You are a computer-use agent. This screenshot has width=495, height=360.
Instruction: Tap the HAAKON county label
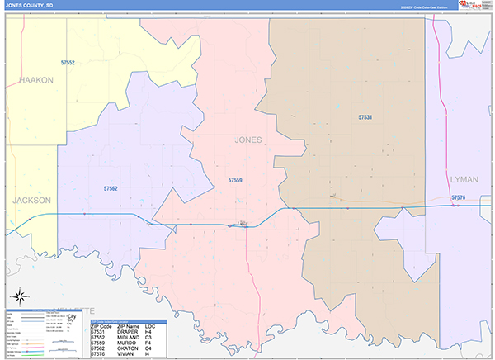click(35, 80)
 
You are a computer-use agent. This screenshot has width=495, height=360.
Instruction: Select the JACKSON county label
click(31, 201)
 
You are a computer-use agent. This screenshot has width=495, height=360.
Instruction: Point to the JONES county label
click(248, 140)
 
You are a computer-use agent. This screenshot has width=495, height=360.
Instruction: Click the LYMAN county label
click(464, 179)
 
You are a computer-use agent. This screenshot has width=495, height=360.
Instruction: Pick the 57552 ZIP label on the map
click(68, 63)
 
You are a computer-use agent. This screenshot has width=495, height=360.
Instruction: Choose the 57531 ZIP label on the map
click(365, 118)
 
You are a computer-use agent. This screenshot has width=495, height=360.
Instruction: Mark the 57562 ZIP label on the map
click(111, 189)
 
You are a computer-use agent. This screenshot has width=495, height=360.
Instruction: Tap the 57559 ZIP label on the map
click(235, 179)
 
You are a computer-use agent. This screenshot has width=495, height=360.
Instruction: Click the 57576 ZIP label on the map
click(459, 198)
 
